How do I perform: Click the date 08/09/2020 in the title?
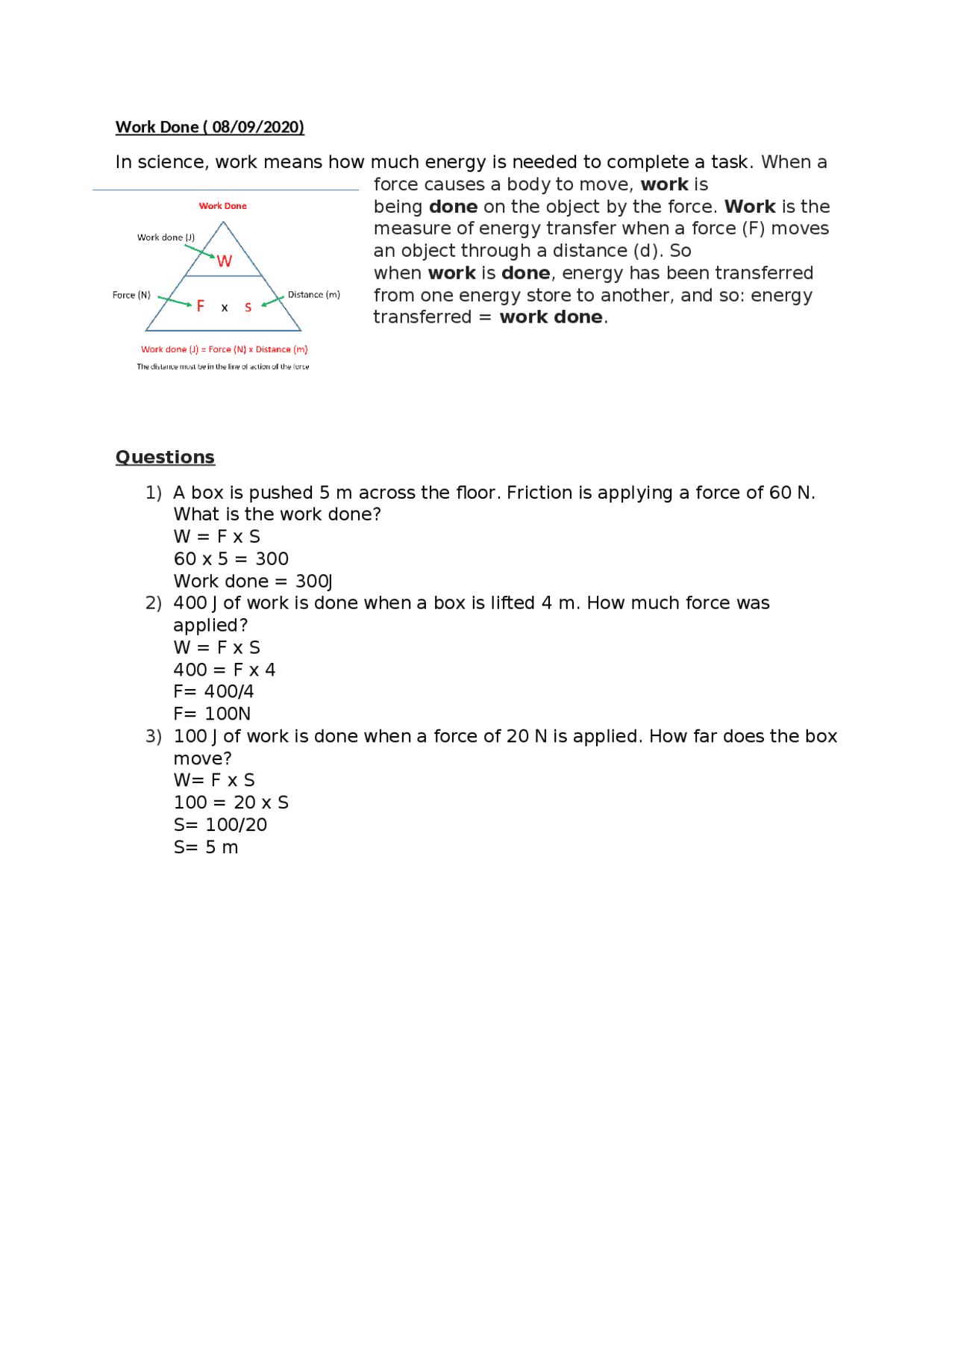(257, 127)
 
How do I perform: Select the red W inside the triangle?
(225, 261)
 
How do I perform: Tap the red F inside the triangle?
(200, 305)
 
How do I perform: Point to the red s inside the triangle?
(248, 307)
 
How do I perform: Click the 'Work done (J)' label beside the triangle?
(166, 237)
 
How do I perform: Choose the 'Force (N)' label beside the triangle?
(131, 295)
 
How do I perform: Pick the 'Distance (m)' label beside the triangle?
(313, 294)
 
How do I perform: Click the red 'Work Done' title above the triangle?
(222, 206)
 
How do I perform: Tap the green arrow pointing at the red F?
(175, 301)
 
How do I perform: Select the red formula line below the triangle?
(224, 349)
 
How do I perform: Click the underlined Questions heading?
(165, 457)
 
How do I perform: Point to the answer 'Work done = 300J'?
(253, 581)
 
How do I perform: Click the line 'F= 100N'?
(212, 714)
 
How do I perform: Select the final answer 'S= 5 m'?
(206, 847)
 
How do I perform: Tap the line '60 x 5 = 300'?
(231, 558)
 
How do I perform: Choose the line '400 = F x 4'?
(224, 670)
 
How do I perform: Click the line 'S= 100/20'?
(220, 824)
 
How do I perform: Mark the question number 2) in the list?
(153, 603)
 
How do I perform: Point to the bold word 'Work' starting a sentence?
(749, 207)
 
